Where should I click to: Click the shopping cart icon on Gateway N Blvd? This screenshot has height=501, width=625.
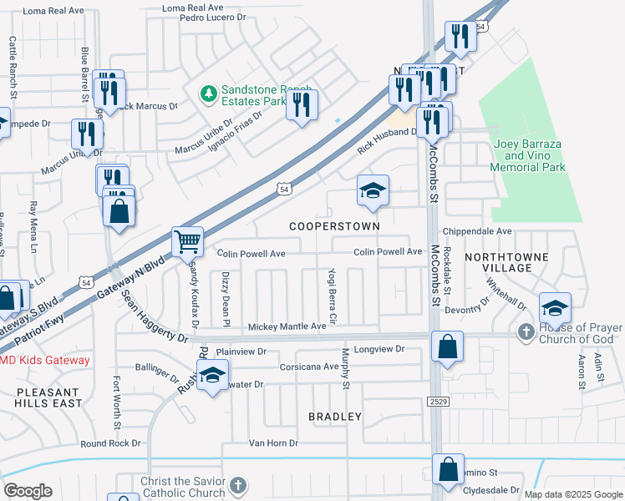click(x=188, y=242)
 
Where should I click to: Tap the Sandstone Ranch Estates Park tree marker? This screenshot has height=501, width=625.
click(x=209, y=95)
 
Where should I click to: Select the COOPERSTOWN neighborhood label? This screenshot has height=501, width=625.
click(x=334, y=226)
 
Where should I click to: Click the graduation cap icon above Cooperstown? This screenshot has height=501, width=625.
click(x=373, y=191)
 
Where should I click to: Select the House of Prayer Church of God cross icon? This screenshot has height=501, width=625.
click(x=526, y=332)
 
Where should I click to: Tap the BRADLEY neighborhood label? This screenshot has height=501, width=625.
click(x=335, y=417)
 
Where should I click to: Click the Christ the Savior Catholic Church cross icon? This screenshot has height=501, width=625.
click(x=238, y=485)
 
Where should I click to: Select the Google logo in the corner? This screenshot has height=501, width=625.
click(x=27, y=491)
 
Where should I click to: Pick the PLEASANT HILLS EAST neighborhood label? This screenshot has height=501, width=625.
click(x=48, y=397)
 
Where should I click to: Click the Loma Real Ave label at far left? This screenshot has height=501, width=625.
click(x=53, y=11)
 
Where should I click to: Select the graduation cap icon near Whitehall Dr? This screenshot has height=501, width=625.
click(x=556, y=308)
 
